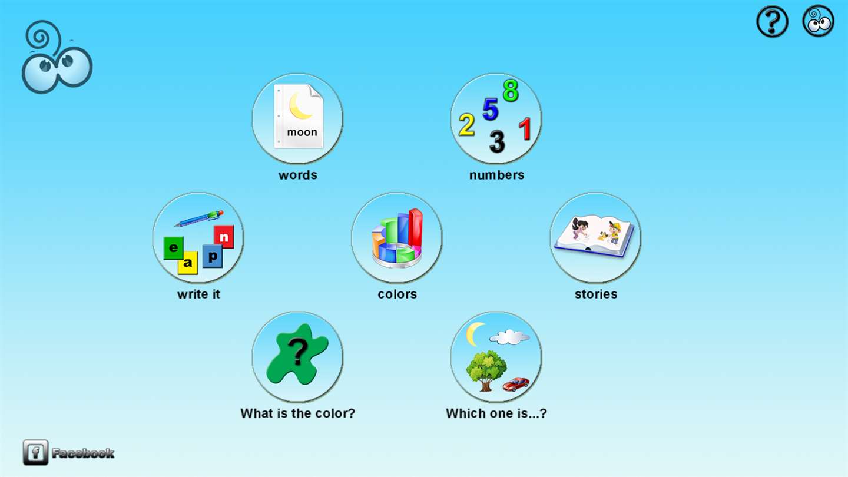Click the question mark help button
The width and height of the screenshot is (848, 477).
pos(772,21)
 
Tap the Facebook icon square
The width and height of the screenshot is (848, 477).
pos(35,452)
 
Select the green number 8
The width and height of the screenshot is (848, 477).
pos(511,91)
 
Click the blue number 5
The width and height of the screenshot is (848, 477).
pos(491,109)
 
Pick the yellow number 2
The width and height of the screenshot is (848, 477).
pos(466,125)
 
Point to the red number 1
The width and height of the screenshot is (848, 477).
pos(525,129)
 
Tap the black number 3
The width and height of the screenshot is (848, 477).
pos(496,141)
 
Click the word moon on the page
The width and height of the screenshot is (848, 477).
pos(302,132)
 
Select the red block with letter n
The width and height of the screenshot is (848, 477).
pos(224,237)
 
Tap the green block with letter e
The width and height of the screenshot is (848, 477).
pos(173,248)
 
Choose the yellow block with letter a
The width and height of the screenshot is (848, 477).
pos(188,263)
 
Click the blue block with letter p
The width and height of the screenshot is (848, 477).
pos(213,256)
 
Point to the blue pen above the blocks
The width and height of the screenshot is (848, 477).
pos(199,218)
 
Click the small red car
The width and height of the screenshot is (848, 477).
pos(516,384)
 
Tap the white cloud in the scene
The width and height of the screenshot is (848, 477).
pos(509,337)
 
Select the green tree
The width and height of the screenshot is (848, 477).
pos(486,370)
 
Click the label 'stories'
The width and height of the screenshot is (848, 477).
pos(596,294)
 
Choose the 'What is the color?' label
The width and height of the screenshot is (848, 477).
pos(297,413)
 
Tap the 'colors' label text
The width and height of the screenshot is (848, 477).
pos(397,294)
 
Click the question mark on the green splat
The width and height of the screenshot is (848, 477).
pos(298,351)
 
